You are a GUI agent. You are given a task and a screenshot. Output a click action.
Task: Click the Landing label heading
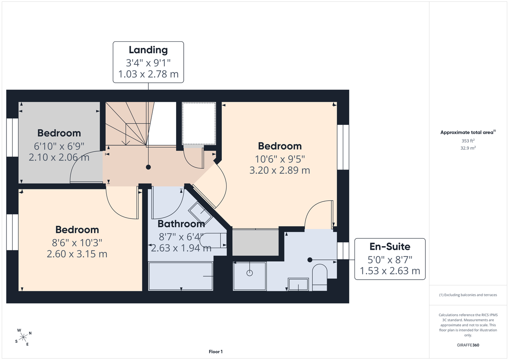[x=148, y=50]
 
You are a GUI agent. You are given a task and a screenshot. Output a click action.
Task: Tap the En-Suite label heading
[x=390, y=247]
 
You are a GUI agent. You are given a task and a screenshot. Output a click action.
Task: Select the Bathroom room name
[x=181, y=224]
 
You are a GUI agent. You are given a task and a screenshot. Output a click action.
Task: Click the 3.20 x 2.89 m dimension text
[x=280, y=170]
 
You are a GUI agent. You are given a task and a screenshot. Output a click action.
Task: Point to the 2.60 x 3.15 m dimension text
[x=77, y=254]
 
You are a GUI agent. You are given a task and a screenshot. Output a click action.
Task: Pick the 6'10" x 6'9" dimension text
[x=59, y=146]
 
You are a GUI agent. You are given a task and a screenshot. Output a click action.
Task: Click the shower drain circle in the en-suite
[x=250, y=273]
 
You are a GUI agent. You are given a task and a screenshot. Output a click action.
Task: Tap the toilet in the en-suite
[x=320, y=277]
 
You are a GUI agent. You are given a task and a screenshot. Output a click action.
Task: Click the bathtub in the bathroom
[x=180, y=276]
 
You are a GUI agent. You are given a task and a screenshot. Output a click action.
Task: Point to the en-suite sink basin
[x=298, y=284]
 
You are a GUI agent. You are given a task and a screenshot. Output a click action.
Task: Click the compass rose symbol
[x=23, y=337]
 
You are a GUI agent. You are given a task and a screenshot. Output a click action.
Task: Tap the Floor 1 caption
[x=216, y=352]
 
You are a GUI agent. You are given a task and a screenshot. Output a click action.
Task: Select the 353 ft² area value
[x=468, y=141]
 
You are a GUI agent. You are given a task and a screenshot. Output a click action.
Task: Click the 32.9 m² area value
[x=468, y=148]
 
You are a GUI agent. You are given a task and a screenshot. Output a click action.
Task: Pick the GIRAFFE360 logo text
[x=468, y=345]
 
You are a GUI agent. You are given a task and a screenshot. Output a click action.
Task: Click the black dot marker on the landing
[x=148, y=167]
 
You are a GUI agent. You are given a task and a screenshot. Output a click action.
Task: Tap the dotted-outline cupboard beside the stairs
[x=199, y=123]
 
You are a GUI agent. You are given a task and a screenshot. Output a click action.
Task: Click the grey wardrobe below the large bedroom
[x=255, y=243]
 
